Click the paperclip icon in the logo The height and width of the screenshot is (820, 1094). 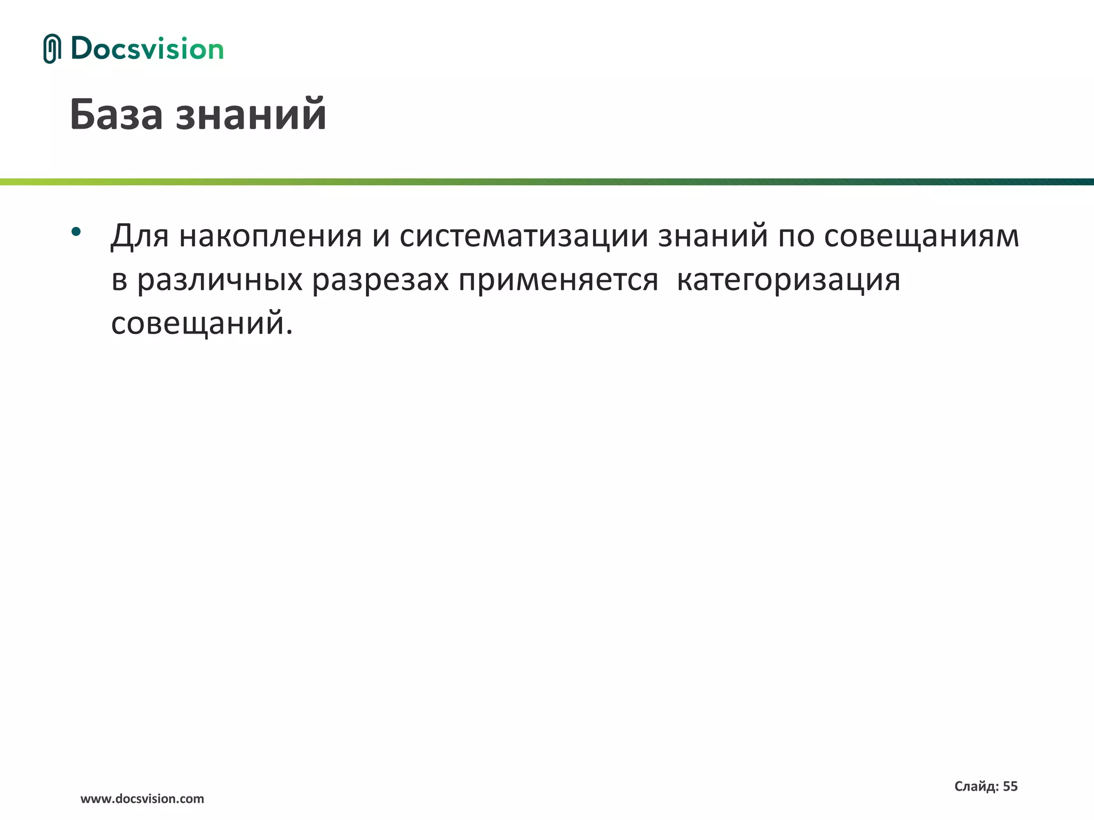pos(52,49)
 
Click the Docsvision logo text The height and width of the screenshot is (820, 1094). pos(147,49)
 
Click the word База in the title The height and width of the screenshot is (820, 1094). pos(116,114)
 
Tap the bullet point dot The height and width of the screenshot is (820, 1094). pos(76,231)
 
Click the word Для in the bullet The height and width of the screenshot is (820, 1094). pos(139,235)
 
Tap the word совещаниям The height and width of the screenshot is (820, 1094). pos(921,235)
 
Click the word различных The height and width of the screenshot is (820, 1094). pos(220,280)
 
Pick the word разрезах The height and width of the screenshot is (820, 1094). pos(380,280)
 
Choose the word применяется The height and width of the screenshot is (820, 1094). pos(558,280)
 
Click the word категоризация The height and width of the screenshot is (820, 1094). pos(788,280)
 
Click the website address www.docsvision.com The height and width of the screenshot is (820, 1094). pos(142,799)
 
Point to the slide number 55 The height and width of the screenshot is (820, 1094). pos(1010,786)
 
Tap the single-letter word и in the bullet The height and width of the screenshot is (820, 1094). pos(381,235)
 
